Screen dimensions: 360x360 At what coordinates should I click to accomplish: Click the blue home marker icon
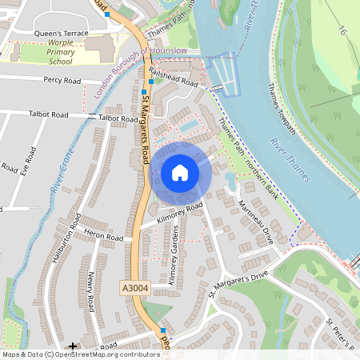pyautogui.click(x=180, y=172)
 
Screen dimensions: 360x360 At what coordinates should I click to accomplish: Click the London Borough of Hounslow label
pyautogui.click(x=140, y=71)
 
